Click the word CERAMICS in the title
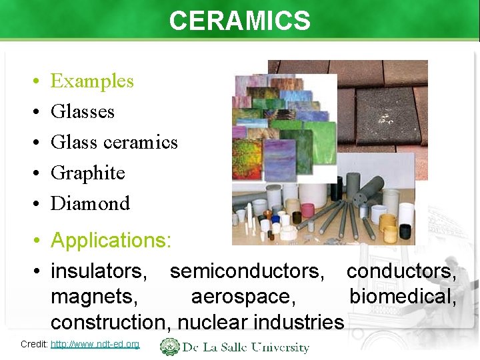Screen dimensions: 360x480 click(239, 21)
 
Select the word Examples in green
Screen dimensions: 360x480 click(92, 81)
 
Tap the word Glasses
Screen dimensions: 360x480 click(83, 112)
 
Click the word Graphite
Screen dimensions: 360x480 click(88, 173)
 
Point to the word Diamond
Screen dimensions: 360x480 click(90, 203)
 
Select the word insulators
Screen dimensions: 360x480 click(99, 271)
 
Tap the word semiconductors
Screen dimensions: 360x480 click(252, 271)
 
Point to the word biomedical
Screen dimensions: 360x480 click(403, 297)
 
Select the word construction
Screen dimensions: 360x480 click(109, 322)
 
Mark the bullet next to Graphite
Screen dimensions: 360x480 click(34, 173)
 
